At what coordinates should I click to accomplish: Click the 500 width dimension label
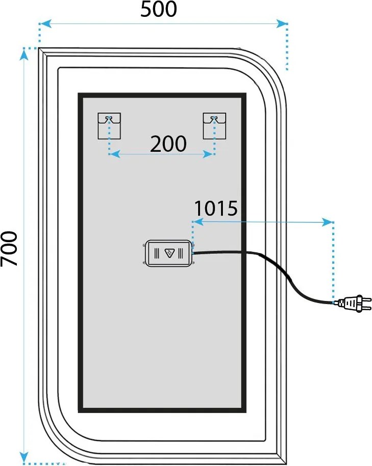(159, 10)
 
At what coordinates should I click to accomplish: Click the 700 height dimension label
(10, 249)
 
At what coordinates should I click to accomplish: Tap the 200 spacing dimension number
(168, 145)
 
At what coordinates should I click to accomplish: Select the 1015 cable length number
(216, 208)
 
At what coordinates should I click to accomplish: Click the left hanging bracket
(109, 126)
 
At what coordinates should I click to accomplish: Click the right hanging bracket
(214, 126)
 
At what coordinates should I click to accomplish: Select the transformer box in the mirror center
(168, 253)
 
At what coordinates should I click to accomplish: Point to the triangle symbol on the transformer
(170, 253)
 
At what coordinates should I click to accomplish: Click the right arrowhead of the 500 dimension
(282, 23)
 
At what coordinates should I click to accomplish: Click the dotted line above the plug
(333, 261)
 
